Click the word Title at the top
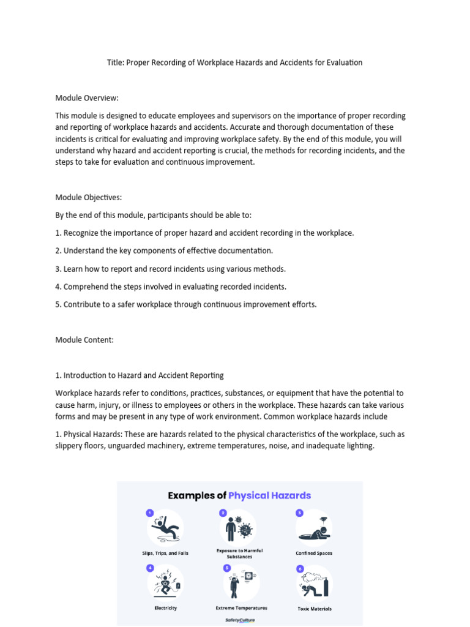click(x=114, y=62)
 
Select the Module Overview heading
click(x=87, y=97)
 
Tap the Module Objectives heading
click(x=89, y=197)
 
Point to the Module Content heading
click(x=84, y=340)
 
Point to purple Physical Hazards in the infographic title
click(x=269, y=495)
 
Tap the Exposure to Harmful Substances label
click(x=239, y=554)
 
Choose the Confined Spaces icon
click(x=314, y=528)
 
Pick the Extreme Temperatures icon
click(x=240, y=582)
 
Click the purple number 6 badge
click(x=300, y=569)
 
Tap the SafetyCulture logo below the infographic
click(x=239, y=620)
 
